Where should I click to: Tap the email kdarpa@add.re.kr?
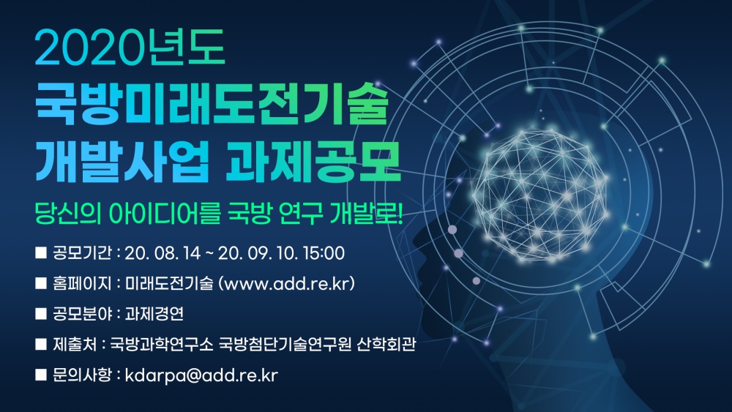[x=201, y=375]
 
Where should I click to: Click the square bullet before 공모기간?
[x=41, y=253]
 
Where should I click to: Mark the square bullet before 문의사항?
[x=41, y=375]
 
